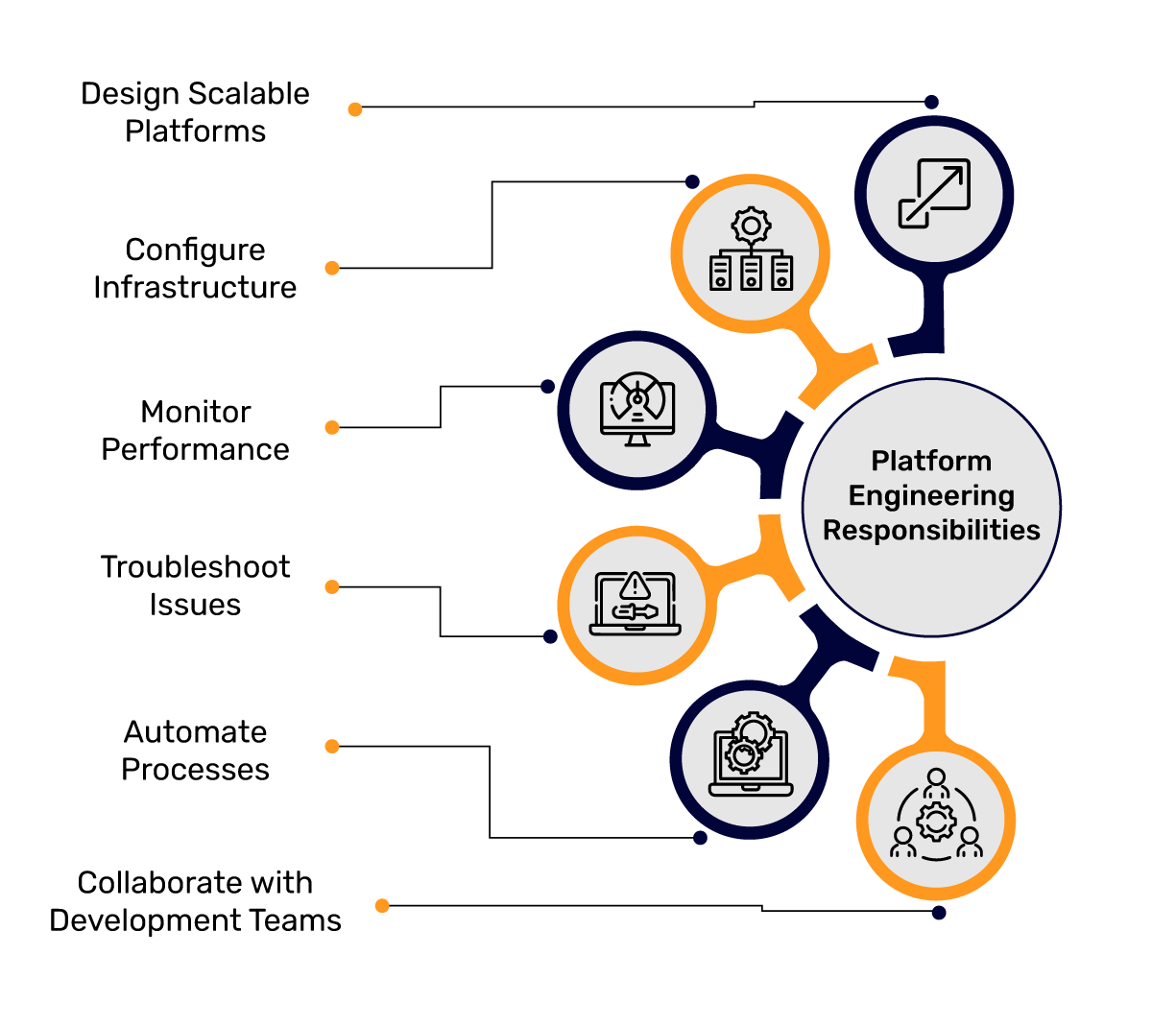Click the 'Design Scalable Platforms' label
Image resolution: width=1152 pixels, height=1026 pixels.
[x=195, y=112]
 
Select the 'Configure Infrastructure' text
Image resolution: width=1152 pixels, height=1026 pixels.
[x=195, y=268]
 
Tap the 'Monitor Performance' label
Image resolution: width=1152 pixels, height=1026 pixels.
[x=195, y=430]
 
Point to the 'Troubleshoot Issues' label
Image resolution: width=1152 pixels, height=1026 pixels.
[x=195, y=585]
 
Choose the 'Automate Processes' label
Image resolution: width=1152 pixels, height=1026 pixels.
[x=195, y=751]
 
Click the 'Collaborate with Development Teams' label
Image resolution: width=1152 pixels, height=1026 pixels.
[x=195, y=901]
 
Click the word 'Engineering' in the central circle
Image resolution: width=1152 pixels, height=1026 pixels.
[x=931, y=496]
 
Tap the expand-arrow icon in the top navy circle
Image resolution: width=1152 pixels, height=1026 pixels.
[x=934, y=194]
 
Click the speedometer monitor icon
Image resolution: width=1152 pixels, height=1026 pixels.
[x=637, y=410]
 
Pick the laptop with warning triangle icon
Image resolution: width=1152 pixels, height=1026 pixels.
[x=636, y=605]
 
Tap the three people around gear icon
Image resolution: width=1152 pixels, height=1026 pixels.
[x=936, y=817]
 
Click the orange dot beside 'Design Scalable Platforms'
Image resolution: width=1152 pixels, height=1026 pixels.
[x=355, y=109]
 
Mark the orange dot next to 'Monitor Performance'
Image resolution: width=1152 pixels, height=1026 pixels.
[x=332, y=427]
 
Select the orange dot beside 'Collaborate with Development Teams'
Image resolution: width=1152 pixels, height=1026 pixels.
[x=382, y=905]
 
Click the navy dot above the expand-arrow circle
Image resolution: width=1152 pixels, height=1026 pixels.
[x=931, y=102]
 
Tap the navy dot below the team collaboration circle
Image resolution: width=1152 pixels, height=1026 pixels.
[x=939, y=913]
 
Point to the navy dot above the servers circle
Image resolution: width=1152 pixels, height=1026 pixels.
[x=692, y=181]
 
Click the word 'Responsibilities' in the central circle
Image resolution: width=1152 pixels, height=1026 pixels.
[x=931, y=531]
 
